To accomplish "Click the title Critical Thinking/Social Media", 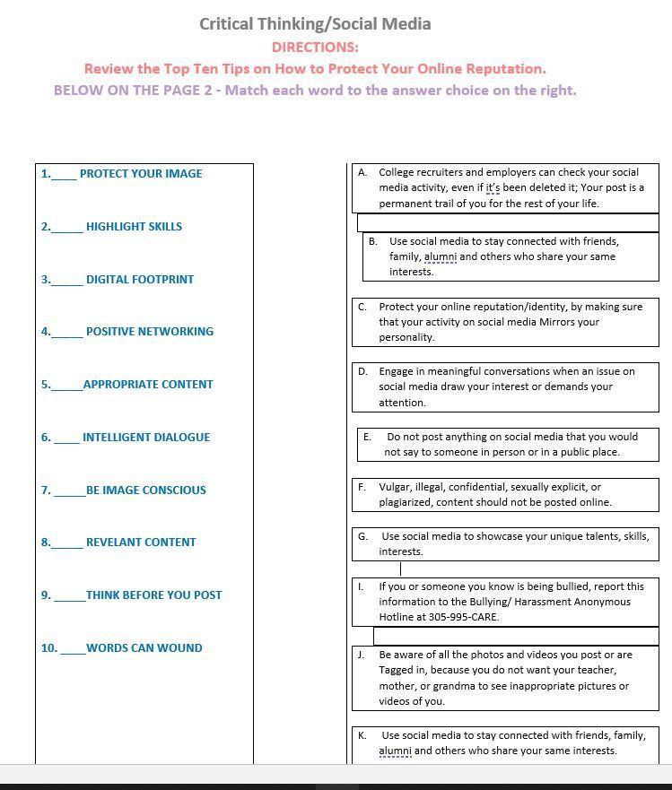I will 315,24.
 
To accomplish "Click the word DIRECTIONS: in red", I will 315,47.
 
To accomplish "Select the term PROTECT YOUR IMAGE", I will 141,174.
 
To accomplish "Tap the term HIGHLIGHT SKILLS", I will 134,227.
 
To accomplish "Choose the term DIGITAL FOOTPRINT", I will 140,280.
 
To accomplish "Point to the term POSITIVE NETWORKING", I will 150,332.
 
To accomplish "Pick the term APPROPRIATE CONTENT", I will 148,385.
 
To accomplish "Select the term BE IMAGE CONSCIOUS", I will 146,490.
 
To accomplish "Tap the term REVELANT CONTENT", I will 141,543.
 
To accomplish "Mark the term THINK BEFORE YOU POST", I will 154,595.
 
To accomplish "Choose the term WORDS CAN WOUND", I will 144,648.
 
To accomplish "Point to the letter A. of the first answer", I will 362,172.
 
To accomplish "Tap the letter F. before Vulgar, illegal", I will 362,487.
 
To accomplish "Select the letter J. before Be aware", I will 361,655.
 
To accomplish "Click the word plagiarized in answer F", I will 407,502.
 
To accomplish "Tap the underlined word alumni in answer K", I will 395,751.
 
